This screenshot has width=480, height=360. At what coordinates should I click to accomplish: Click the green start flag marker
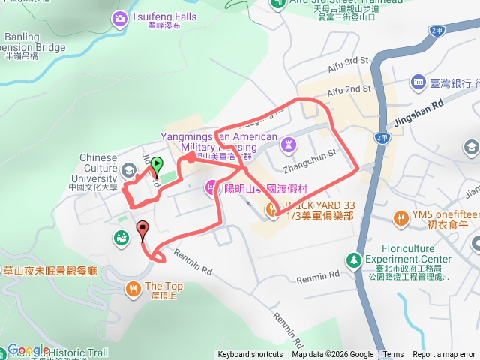pyautogui.click(x=156, y=166)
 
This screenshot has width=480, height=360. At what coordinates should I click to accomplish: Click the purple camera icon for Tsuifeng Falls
pyautogui.click(x=118, y=17)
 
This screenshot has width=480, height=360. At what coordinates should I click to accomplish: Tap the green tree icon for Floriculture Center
pyautogui.click(x=352, y=259)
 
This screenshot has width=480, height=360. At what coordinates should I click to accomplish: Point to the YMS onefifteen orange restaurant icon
pyautogui.click(x=400, y=217)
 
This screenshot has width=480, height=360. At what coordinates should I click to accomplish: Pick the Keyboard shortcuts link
pyautogui.click(x=250, y=355)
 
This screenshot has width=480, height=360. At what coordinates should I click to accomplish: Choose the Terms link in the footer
pyautogui.click(x=393, y=355)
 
